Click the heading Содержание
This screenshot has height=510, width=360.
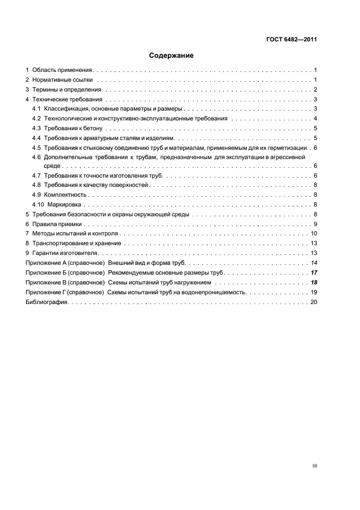[x=172, y=56]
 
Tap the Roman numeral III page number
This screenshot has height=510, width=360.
[x=314, y=466]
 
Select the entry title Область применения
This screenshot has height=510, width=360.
[x=63, y=71]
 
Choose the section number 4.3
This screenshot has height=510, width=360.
[x=36, y=129]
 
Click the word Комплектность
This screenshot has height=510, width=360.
[x=65, y=195]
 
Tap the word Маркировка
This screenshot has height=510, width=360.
[x=64, y=205]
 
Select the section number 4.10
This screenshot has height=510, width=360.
[x=38, y=205]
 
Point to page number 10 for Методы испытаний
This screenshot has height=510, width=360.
[x=314, y=234]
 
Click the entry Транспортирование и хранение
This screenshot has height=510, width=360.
[x=77, y=244]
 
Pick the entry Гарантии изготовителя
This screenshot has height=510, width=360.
[x=65, y=253]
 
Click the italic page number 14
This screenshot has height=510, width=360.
[x=314, y=263]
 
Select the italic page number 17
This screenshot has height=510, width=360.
[x=314, y=273]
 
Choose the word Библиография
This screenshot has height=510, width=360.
[x=46, y=302]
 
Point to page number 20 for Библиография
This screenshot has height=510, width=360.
[x=314, y=302]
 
